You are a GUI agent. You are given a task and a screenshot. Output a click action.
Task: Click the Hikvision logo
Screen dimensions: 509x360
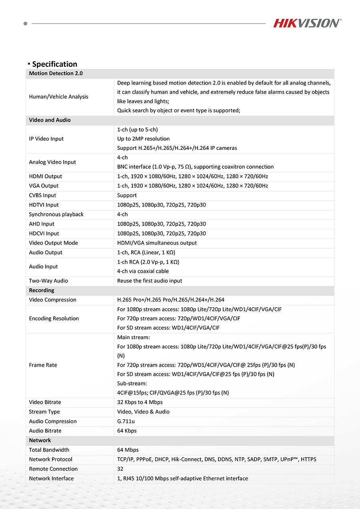(x=307, y=23)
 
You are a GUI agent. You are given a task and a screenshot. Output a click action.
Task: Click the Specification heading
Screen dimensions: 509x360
(x=54, y=64)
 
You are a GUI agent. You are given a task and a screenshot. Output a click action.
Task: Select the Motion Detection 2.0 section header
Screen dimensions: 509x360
(x=56, y=74)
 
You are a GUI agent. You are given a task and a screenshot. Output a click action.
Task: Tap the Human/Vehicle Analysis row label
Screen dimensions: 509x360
(x=58, y=97)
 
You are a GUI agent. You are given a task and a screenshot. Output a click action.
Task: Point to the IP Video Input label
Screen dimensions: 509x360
(x=46, y=139)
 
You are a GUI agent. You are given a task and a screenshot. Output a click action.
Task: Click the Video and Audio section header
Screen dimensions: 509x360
(x=50, y=120)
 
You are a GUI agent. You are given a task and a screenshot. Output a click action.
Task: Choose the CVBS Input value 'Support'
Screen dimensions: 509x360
(x=127, y=196)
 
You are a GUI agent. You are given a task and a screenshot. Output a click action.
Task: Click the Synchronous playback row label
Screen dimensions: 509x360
(x=56, y=214)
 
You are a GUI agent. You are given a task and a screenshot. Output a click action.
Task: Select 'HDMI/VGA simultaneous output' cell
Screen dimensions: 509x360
(x=157, y=243)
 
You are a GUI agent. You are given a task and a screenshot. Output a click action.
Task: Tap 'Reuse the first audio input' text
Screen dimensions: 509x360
(x=150, y=281)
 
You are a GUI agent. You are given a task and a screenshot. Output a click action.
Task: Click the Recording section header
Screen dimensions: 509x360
(x=41, y=290)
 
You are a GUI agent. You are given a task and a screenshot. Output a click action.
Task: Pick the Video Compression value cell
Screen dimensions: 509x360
(x=170, y=300)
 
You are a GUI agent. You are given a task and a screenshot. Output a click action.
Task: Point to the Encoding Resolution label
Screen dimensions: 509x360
(x=54, y=319)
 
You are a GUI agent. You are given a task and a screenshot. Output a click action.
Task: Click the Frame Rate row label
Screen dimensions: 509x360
(x=43, y=365)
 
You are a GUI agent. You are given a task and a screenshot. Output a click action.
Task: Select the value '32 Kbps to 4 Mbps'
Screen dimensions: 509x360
(x=140, y=402)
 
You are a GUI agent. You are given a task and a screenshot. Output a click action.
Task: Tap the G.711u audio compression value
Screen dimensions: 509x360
(x=126, y=421)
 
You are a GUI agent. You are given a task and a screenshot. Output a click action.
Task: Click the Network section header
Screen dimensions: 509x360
(x=40, y=440)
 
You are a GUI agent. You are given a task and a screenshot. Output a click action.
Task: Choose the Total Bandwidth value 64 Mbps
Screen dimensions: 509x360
(x=128, y=450)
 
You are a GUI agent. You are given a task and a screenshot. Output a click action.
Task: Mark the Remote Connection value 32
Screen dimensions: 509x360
(x=120, y=469)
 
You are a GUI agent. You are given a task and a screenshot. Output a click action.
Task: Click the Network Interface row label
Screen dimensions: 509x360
(x=51, y=479)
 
